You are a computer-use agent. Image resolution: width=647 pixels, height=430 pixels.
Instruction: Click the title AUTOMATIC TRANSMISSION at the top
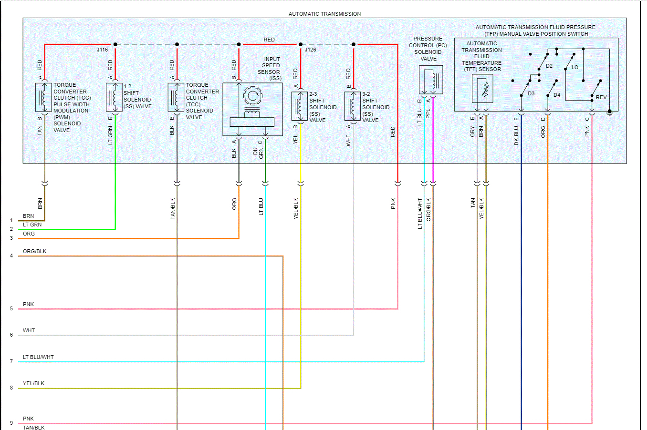(324, 14)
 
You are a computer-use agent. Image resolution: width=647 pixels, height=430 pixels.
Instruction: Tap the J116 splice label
(102, 50)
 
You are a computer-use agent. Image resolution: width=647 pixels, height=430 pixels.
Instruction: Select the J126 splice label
(310, 50)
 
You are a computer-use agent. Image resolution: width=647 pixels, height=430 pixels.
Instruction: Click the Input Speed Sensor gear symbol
(252, 96)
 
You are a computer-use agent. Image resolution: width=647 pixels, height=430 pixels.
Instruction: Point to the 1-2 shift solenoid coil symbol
(115, 97)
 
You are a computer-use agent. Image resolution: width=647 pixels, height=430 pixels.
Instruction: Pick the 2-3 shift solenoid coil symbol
(300, 106)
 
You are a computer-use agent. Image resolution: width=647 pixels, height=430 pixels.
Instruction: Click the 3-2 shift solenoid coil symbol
(353, 106)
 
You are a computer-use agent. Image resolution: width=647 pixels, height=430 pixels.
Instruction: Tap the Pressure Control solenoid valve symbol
(431, 80)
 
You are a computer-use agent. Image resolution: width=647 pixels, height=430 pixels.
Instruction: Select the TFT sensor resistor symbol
(485, 90)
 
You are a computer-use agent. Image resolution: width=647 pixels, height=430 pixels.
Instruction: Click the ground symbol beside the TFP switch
(609, 113)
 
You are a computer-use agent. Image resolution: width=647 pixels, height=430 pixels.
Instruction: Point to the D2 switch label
(549, 66)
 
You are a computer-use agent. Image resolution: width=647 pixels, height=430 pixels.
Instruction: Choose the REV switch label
(601, 97)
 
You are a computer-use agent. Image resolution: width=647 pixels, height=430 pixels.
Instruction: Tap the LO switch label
(575, 67)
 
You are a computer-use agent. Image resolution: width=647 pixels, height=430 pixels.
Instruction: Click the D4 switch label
(557, 95)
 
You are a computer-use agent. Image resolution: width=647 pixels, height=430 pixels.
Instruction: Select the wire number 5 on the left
(11, 309)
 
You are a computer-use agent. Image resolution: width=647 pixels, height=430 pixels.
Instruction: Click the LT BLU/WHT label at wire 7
(38, 357)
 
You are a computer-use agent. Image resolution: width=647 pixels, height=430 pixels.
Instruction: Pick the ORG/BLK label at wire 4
(35, 251)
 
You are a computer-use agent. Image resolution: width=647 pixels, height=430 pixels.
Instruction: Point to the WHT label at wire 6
(29, 330)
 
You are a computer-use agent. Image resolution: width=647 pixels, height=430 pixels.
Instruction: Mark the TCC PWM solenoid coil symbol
(44, 97)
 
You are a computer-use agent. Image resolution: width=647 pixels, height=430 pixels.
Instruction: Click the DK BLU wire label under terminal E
(516, 136)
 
